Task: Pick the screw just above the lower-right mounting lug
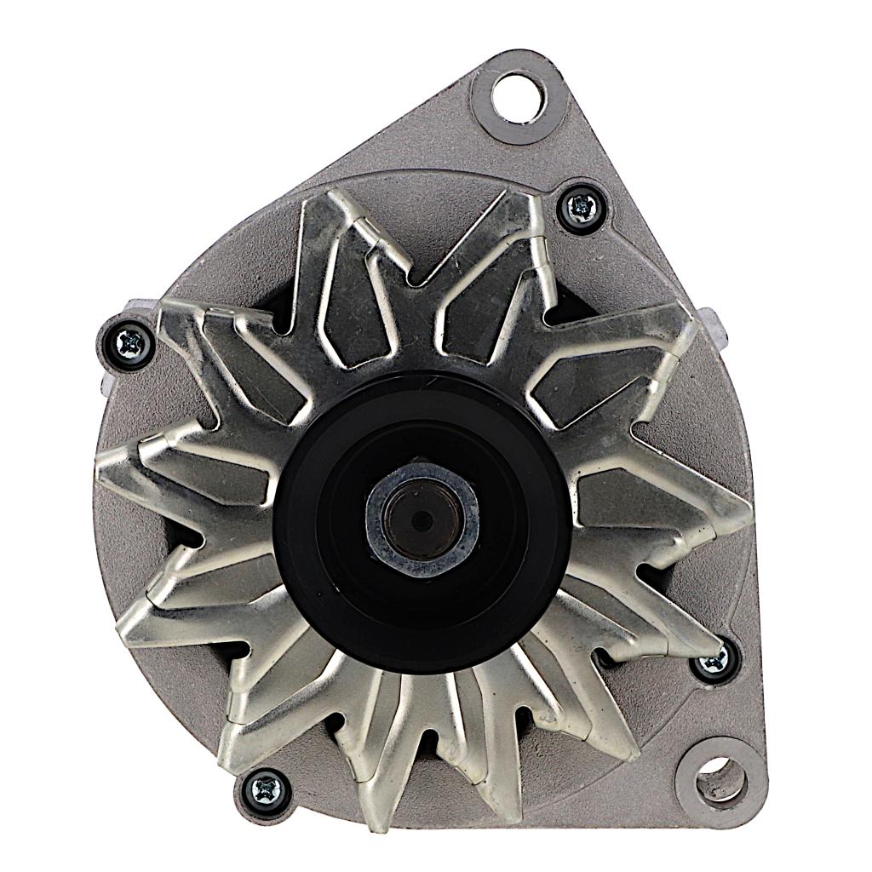(x=714, y=662)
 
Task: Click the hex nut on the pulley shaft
(x=422, y=517)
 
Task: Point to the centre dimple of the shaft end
(x=421, y=519)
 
